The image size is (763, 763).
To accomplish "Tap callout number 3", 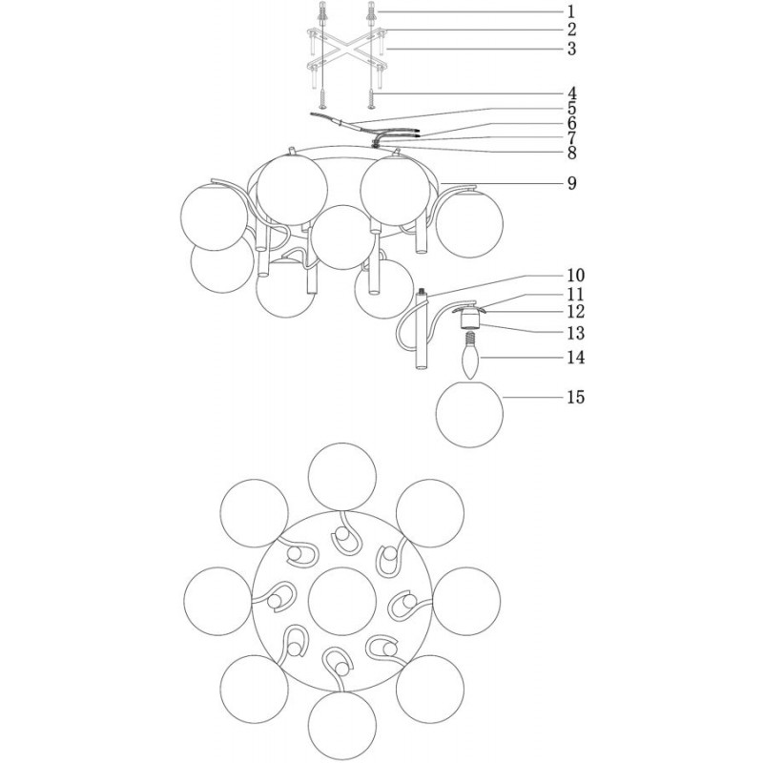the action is click(x=571, y=49).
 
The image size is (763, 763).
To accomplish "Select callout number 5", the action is click(x=571, y=109).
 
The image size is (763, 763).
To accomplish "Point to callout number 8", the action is click(x=571, y=153).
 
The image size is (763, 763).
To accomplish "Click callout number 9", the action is click(x=571, y=183).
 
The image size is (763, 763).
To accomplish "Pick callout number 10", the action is click(x=575, y=276).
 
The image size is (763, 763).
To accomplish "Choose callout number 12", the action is click(x=575, y=312).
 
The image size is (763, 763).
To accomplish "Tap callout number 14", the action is click(x=575, y=358).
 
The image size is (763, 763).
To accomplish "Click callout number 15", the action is click(x=575, y=397).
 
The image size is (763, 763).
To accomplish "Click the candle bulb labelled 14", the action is click(x=470, y=356).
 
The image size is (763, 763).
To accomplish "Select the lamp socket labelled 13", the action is click(x=469, y=320).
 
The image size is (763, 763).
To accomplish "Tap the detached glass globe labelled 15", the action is click(x=469, y=415).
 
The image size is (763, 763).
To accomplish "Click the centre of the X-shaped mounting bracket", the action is click(x=346, y=49).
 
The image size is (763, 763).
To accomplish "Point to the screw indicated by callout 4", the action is click(x=372, y=98).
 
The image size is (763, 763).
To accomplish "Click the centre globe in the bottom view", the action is click(x=342, y=601).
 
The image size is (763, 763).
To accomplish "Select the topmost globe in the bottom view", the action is click(x=342, y=477).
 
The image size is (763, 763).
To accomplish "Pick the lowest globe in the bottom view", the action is click(x=342, y=725).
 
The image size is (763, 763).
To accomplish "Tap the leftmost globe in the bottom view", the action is click(x=218, y=601).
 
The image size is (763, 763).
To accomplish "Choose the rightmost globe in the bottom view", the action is click(x=466, y=601).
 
